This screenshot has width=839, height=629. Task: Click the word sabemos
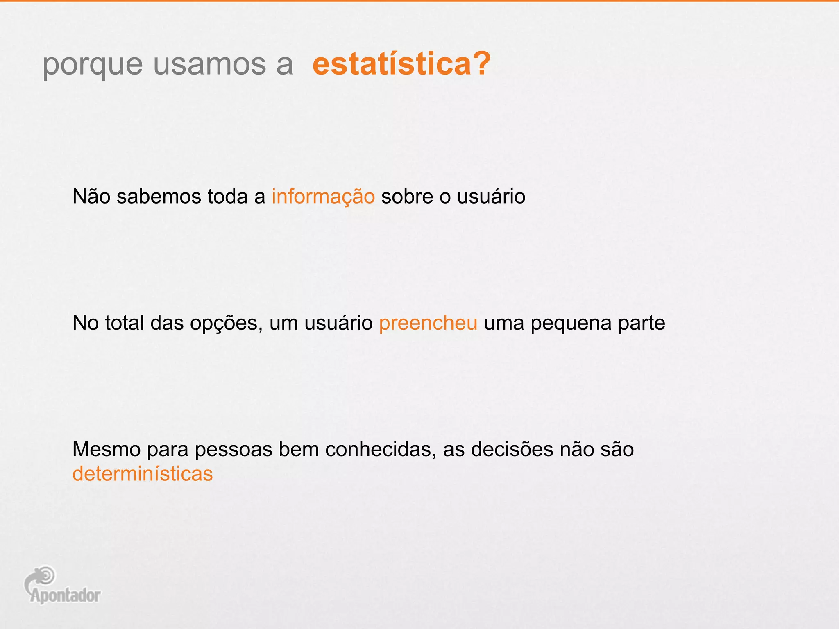[159, 196]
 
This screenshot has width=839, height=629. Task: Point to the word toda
[227, 196]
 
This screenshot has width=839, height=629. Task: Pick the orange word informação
[323, 197]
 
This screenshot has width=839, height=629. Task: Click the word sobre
[407, 196]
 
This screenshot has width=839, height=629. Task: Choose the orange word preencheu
[428, 323]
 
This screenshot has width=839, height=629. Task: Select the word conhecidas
[381, 449]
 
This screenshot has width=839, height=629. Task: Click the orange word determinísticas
[143, 474]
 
